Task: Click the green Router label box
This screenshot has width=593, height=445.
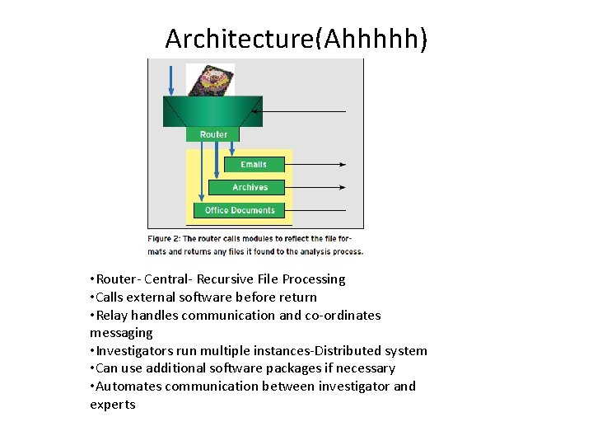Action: point(212,134)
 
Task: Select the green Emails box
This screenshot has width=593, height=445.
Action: point(254,165)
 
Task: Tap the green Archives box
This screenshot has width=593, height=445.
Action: point(250,188)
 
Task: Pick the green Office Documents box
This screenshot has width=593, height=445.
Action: point(240,210)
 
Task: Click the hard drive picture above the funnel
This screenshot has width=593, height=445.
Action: point(210,80)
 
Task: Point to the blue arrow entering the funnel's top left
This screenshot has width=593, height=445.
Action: point(171,78)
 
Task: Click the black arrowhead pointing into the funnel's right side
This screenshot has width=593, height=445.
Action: point(255,110)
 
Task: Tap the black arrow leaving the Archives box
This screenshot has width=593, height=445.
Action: point(317,188)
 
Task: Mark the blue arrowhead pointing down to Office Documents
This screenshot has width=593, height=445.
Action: point(201,199)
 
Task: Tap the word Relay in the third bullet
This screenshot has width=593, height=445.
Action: point(112,316)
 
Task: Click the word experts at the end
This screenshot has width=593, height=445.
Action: point(113,405)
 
